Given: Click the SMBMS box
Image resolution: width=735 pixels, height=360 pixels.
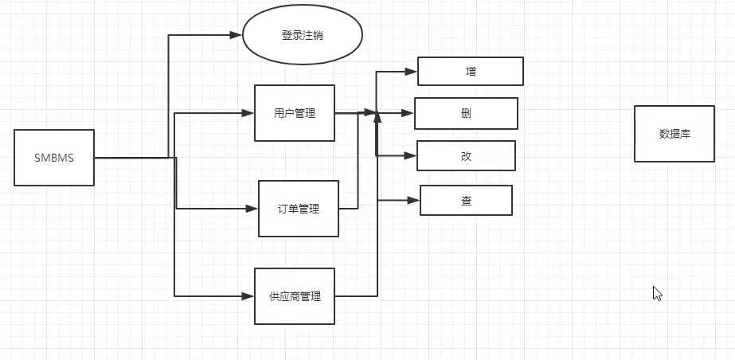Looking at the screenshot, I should coord(54,158).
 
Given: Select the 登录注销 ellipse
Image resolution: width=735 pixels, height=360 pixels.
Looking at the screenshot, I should coord(303,36).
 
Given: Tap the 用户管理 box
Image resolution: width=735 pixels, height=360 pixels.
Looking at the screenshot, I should coord(295,113).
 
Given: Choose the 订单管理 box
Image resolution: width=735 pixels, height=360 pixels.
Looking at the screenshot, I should coord(299,209).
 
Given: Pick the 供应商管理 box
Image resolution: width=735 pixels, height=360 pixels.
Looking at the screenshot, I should coord(295,296).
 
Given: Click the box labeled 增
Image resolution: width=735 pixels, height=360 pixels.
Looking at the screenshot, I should coord(471,71).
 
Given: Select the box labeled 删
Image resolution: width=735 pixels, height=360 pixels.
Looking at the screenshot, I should coord(466,113).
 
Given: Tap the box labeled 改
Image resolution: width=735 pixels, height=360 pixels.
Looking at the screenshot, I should coord(467,155).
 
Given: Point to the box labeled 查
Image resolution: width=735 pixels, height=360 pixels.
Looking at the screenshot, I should coord(466,200).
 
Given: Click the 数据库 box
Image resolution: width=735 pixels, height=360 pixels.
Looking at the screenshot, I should coord(674,134).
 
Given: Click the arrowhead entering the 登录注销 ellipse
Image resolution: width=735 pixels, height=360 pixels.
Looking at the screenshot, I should coord(236,35).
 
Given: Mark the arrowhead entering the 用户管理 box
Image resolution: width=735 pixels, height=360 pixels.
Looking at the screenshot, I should coord(248,113).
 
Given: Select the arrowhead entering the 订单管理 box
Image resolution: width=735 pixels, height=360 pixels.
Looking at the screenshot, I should coord(252,209).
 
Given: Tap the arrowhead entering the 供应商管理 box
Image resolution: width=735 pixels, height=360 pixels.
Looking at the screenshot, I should coord(248,296).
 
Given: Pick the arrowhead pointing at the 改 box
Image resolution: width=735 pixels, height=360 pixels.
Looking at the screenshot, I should coord(411,155).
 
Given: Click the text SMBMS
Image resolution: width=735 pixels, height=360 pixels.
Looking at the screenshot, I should coord(54,158).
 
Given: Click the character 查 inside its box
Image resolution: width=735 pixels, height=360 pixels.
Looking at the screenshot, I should coord(466,200).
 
